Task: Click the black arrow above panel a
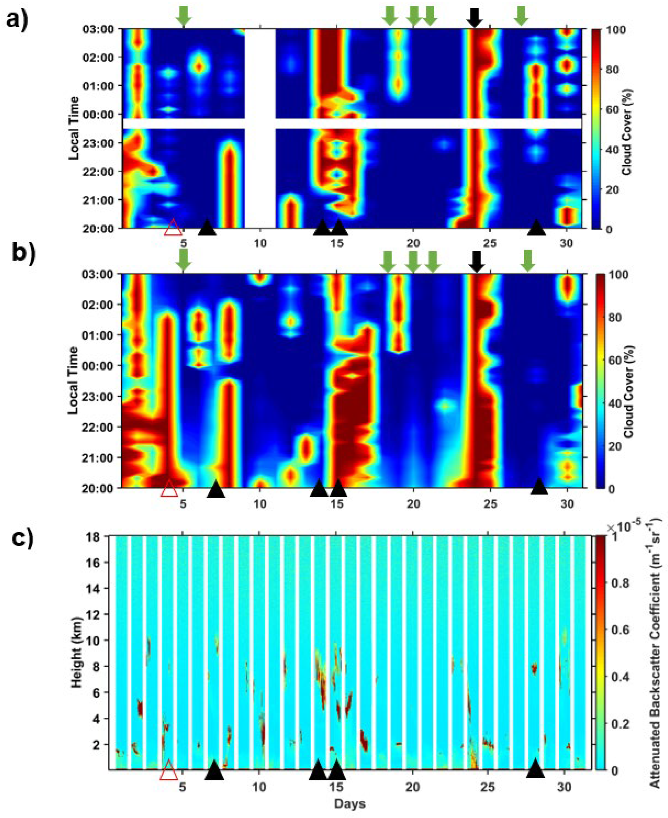click(474, 17)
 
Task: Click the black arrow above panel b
click(477, 262)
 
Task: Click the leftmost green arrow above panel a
click(184, 16)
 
